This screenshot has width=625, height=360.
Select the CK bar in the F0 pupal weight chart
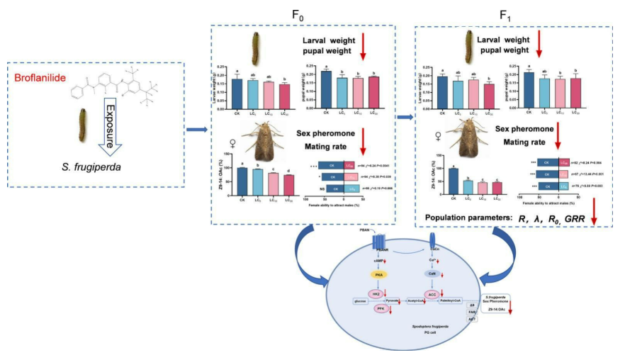(x=327, y=90)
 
